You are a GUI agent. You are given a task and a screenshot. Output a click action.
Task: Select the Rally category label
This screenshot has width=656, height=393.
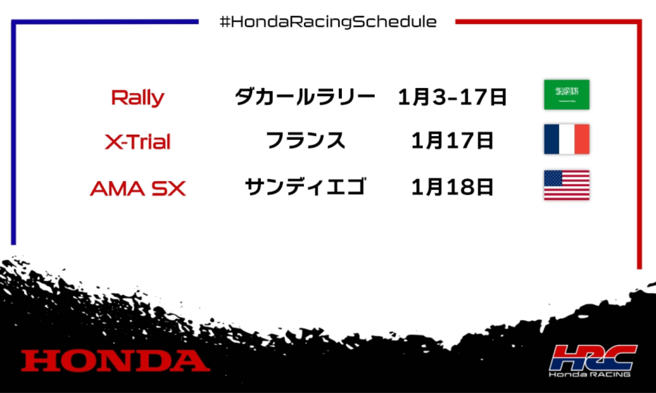pyautogui.click(x=138, y=98)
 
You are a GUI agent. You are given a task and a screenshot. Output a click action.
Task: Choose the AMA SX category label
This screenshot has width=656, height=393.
pyautogui.click(x=138, y=188)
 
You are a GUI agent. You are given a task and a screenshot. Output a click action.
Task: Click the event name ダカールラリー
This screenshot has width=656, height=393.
pyautogui.click(x=305, y=97)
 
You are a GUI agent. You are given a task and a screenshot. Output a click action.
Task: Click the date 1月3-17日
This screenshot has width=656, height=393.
pyautogui.click(x=452, y=97)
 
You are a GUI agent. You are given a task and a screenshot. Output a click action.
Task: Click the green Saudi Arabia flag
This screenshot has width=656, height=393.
pyautogui.click(x=567, y=95)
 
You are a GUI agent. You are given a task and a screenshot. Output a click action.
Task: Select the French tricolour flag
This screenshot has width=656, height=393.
pyautogui.click(x=567, y=139)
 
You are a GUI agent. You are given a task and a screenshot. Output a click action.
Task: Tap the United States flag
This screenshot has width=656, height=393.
pyautogui.click(x=567, y=185)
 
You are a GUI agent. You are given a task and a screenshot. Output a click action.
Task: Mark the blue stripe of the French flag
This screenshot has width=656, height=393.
pyautogui.click(x=551, y=139)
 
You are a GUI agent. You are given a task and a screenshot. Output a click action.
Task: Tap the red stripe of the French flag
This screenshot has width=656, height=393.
pyautogui.click(x=582, y=139)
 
